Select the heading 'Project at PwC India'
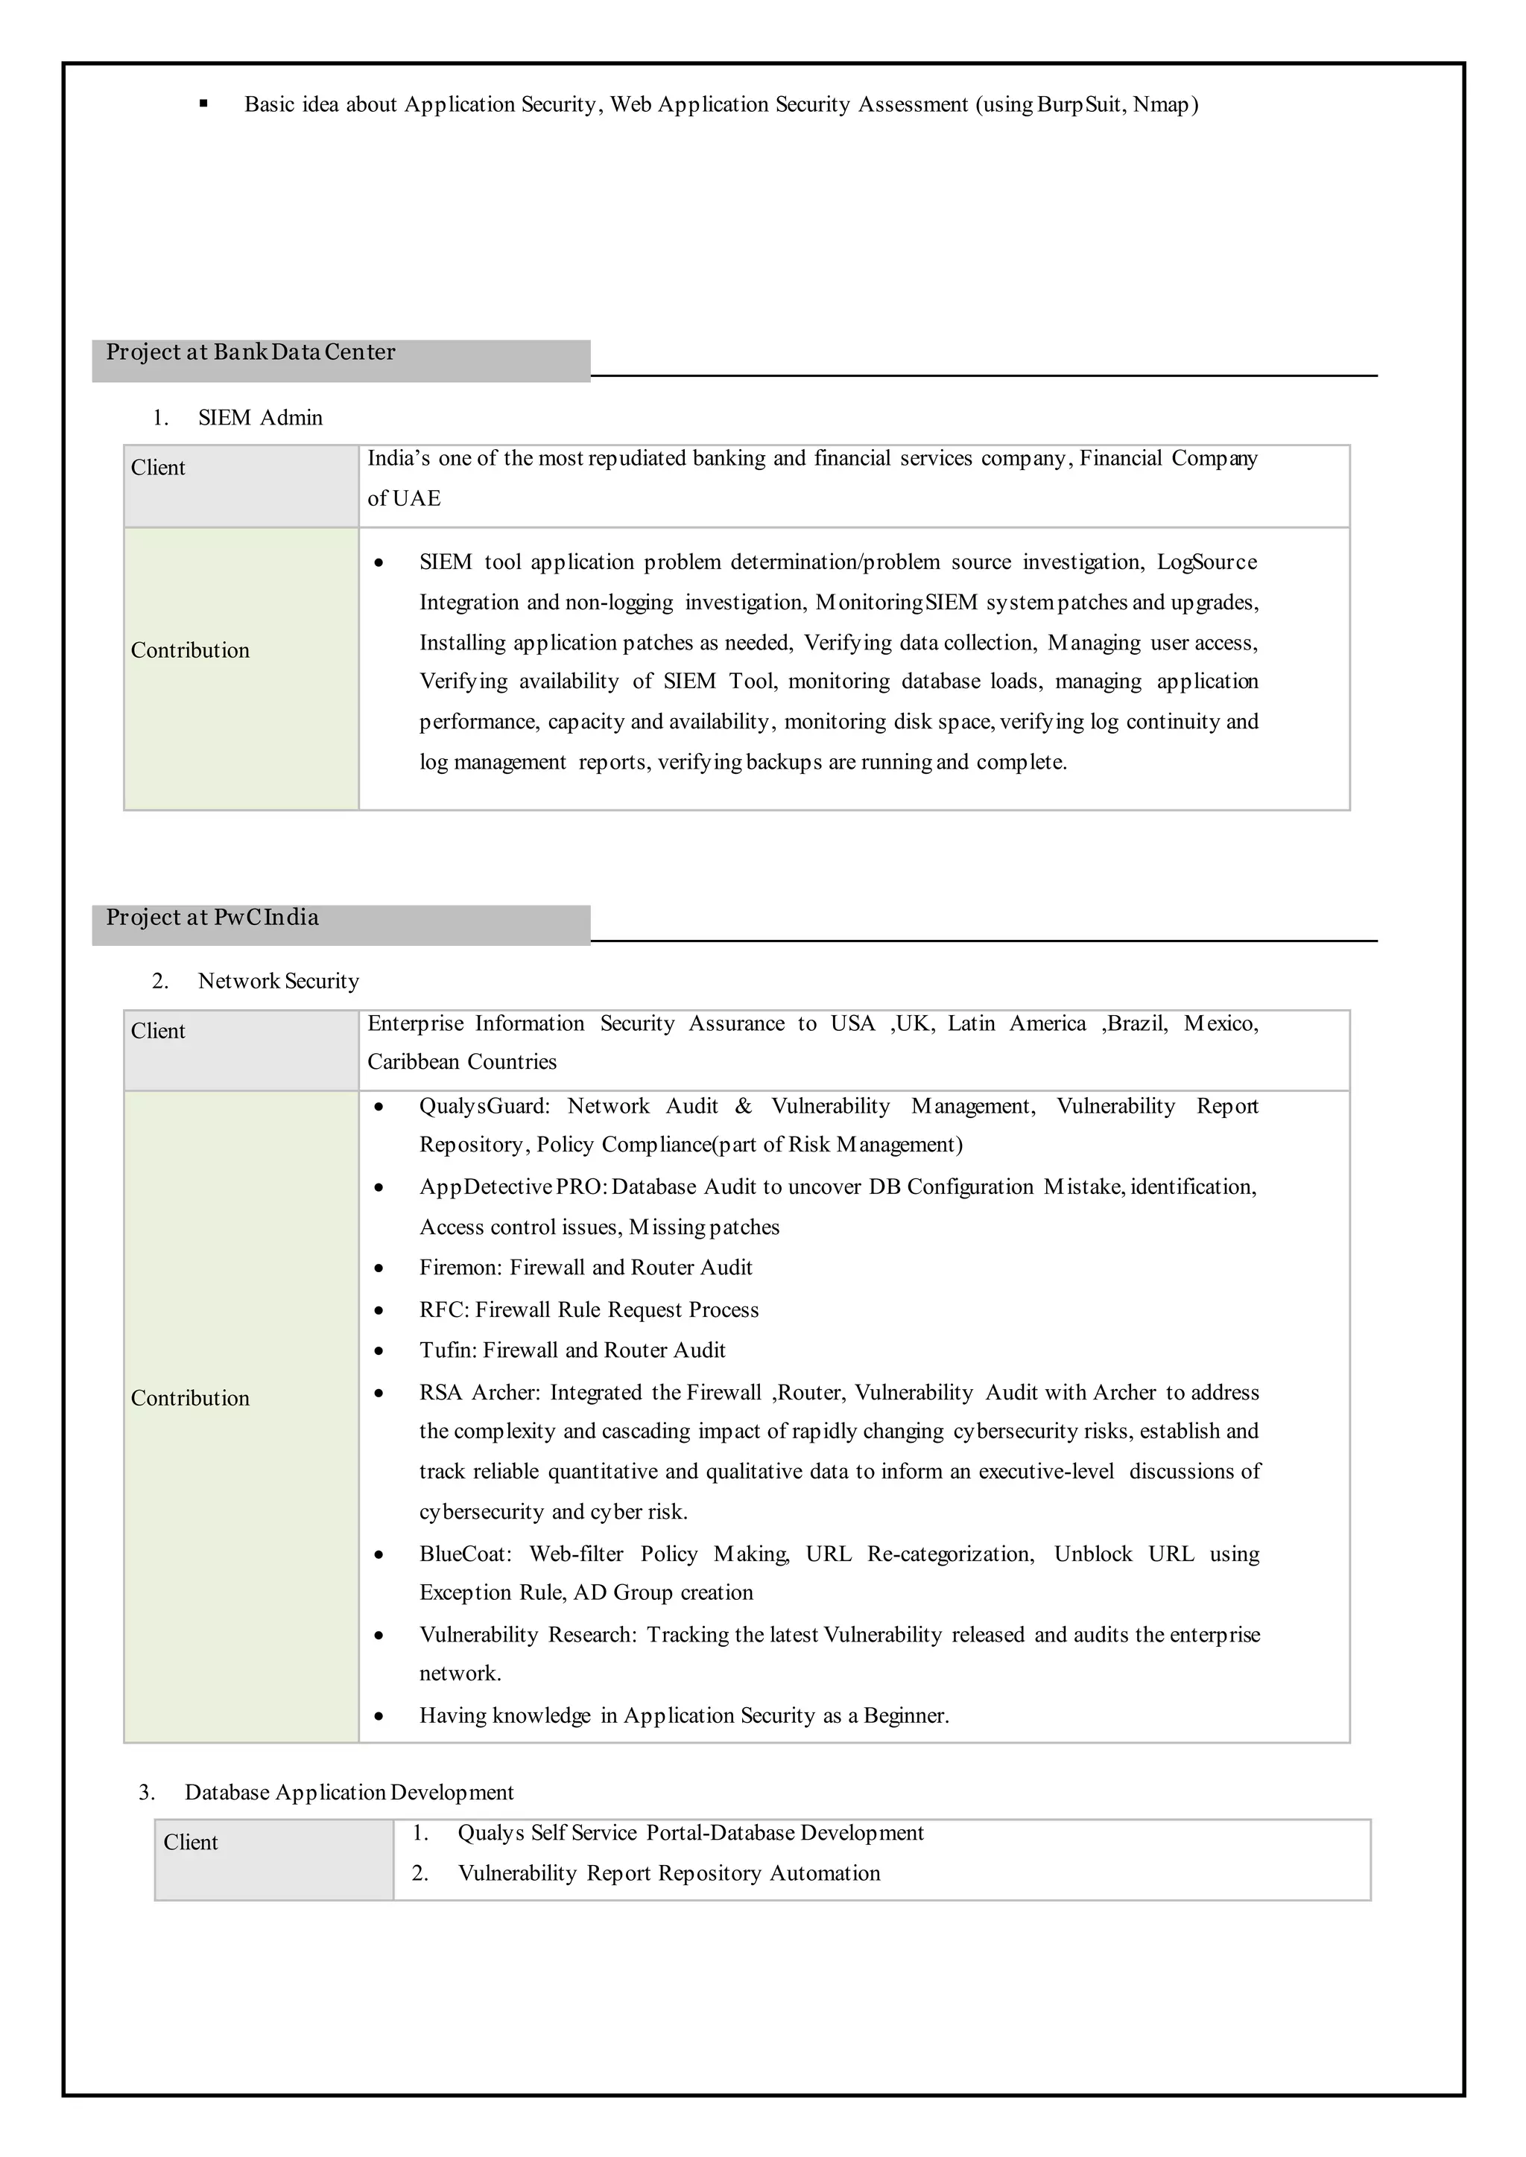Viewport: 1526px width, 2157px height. point(212,917)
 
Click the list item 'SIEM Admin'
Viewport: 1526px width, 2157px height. point(259,418)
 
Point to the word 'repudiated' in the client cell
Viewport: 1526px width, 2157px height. point(637,459)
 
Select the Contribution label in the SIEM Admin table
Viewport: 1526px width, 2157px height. point(190,650)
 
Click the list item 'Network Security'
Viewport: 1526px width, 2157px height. point(278,981)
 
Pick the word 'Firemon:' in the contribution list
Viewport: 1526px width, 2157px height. point(460,1268)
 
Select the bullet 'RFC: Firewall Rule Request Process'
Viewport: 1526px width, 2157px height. point(588,1309)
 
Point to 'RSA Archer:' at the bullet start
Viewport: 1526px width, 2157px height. point(479,1392)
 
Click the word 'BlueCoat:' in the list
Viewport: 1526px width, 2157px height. point(465,1554)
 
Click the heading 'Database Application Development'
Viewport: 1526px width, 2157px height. point(349,1793)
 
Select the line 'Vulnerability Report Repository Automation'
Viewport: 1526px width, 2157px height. point(668,1873)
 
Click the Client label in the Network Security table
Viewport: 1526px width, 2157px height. point(158,1031)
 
